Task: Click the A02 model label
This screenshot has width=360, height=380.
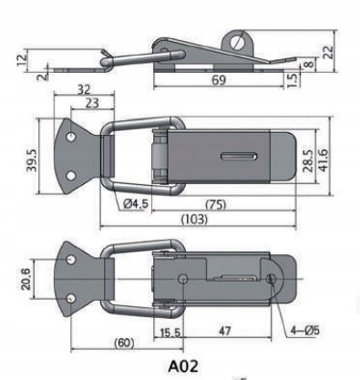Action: (183, 366)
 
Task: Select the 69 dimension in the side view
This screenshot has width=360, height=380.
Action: (219, 80)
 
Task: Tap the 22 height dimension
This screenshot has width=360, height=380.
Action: (328, 52)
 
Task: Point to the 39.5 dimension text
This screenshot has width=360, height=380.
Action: (31, 160)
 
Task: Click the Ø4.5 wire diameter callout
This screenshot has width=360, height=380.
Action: (136, 203)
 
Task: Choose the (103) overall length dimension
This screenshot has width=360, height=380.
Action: (194, 219)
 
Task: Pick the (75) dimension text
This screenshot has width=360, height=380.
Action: (216, 205)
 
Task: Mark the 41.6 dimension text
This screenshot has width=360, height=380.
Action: (324, 160)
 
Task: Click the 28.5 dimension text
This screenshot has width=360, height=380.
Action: (309, 160)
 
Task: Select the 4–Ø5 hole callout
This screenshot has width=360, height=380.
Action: (305, 330)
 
